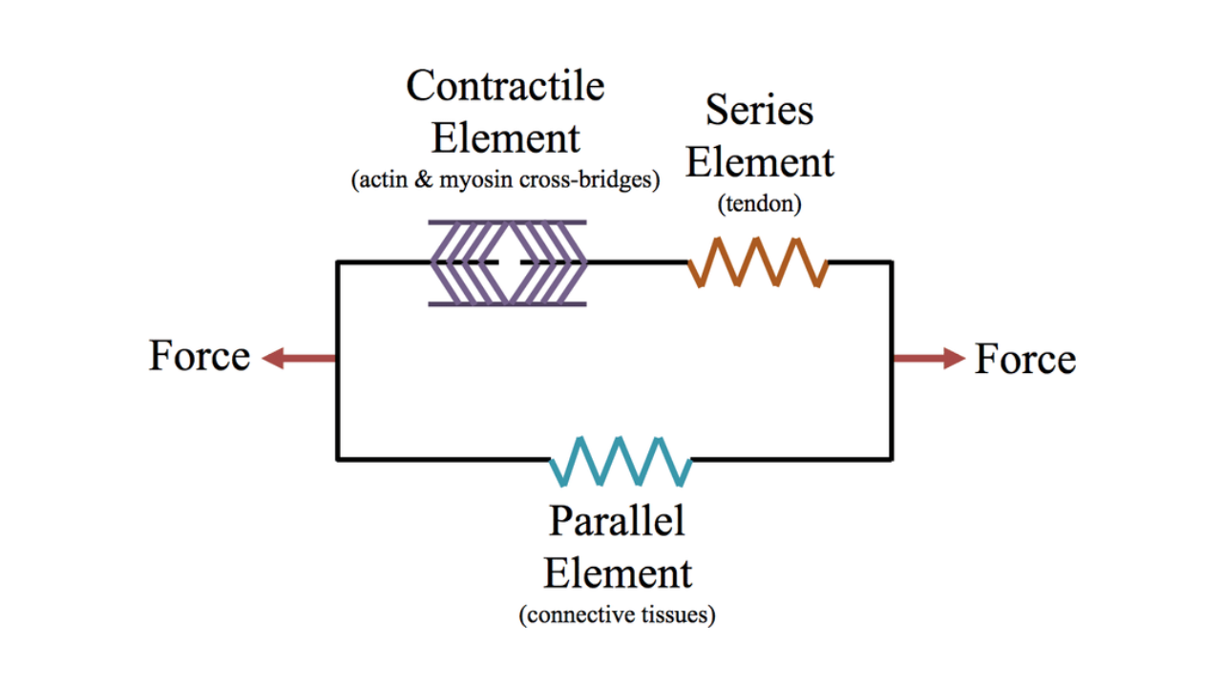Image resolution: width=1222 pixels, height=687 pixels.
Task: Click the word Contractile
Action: tap(505, 87)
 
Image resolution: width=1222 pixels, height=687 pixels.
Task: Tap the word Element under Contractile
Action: tap(505, 137)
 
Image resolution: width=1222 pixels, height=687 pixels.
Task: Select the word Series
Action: tap(759, 111)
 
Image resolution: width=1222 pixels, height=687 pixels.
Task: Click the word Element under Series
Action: tap(759, 162)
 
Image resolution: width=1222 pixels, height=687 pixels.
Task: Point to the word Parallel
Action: tap(617, 521)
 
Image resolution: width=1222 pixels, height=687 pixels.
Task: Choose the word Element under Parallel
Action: tap(617, 573)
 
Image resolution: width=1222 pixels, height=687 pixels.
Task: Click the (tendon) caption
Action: tap(760, 202)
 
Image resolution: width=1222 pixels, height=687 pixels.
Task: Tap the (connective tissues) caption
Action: tap(617, 615)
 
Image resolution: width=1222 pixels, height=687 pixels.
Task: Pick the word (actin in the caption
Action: tap(379, 179)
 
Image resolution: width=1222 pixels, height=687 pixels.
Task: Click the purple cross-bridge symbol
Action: tap(507, 262)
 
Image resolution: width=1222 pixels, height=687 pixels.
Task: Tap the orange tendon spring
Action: tap(758, 262)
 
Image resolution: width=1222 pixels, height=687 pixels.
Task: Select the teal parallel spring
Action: tap(621, 460)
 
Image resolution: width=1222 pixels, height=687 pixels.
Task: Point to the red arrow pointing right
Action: tap(929, 359)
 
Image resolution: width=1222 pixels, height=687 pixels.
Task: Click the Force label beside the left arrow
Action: tap(200, 357)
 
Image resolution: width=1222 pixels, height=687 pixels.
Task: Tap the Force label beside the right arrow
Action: tap(1024, 360)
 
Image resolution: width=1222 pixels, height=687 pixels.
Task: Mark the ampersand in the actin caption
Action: tap(423, 179)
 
